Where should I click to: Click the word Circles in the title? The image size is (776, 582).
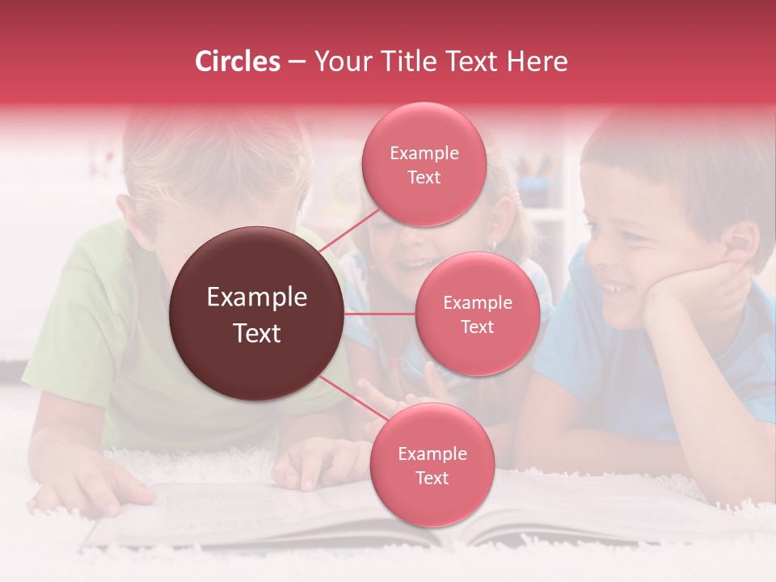tap(238, 61)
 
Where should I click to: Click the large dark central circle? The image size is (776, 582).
tap(256, 314)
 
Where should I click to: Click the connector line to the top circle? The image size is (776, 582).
tap(349, 231)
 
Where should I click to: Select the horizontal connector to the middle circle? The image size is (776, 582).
tap(380, 314)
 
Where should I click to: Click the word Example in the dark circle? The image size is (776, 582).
tap(256, 297)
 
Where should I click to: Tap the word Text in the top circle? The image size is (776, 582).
tap(424, 177)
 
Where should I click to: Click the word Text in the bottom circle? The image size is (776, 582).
tap(432, 478)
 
